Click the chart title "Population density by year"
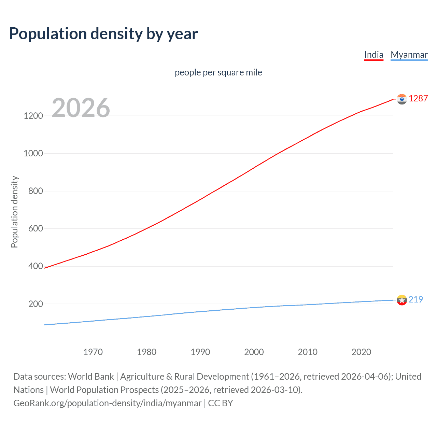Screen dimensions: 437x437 (103, 34)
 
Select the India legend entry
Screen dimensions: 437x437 (373, 55)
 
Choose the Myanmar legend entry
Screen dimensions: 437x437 (409, 55)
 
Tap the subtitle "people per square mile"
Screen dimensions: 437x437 (218, 72)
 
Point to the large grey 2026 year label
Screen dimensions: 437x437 (81, 108)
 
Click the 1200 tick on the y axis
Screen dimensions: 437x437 (33, 116)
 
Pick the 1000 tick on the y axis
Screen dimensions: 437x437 (33, 153)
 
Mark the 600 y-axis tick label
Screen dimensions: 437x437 (36, 228)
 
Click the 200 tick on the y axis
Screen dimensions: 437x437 (36, 304)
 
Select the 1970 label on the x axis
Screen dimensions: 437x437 (93, 352)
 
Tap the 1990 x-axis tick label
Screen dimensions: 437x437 (200, 352)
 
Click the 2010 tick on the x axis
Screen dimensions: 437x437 (308, 352)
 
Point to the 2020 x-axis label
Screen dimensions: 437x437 (361, 352)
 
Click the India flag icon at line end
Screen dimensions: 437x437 (402, 99)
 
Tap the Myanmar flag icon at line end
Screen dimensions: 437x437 (402, 300)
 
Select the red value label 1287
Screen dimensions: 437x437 (418, 98)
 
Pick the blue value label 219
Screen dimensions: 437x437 (415, 299)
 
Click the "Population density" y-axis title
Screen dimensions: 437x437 (14, 212)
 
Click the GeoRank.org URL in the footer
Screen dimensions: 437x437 (108, 403)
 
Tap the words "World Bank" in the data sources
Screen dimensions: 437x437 (91, 377)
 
